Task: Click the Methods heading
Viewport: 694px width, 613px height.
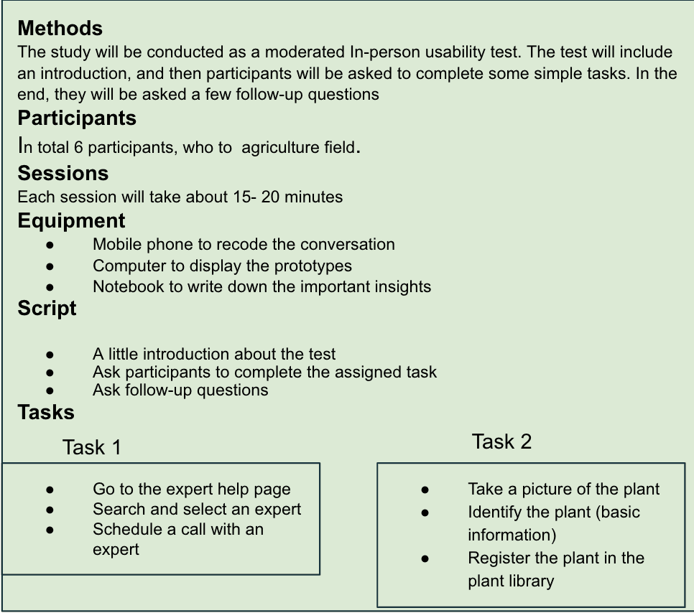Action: click(x=60, y=28)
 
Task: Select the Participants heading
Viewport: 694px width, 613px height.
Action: click(x=77, y=118)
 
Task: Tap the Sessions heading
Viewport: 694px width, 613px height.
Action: click(x=63, y=173)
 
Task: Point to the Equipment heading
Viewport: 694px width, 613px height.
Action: click(x=71, y=220)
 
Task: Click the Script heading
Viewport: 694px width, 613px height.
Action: click(x=47, y=308)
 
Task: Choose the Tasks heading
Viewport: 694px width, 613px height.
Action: click(x=46, y=412)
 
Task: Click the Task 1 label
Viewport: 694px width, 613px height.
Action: click(x=91, y=447)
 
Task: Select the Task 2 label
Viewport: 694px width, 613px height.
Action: click(x=501, y=441)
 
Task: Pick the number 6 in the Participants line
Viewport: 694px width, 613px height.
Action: click(x=78, y=148)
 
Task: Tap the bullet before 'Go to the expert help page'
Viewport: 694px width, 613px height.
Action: click(x=50, y=490)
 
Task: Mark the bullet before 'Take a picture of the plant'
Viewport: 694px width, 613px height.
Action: click(x=425, y=490)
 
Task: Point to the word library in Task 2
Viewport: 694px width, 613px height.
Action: click(x=532, y=581)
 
